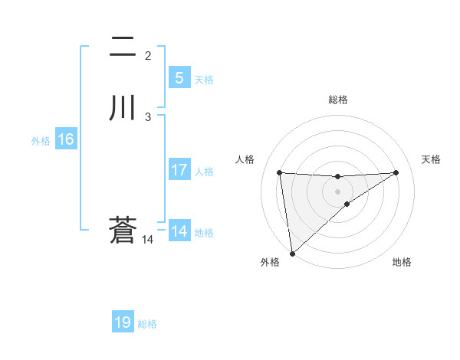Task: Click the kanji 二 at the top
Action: point(123,47)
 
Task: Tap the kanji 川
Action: point(123,108)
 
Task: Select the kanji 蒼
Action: point(123,231)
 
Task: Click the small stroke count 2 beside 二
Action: point(148,55)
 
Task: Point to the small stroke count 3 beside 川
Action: point(148,116)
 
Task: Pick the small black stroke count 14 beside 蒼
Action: point(147,239)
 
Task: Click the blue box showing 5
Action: point(179,78)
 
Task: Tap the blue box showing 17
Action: point(179,170)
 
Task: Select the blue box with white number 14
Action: point(179,231)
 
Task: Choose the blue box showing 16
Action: point(65,139)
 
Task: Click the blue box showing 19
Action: point(123,322)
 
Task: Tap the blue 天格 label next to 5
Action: point(204,80)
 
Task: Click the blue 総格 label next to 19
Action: point(147,324)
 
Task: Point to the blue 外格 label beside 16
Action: point(41,141)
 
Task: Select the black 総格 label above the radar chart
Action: point(337,100)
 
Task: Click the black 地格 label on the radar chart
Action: point(402,262)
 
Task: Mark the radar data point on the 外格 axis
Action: point(291,254)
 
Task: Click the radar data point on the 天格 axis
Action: point(396,172)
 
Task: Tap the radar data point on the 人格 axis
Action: point(279,172)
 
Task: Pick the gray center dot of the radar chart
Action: point(337,191)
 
